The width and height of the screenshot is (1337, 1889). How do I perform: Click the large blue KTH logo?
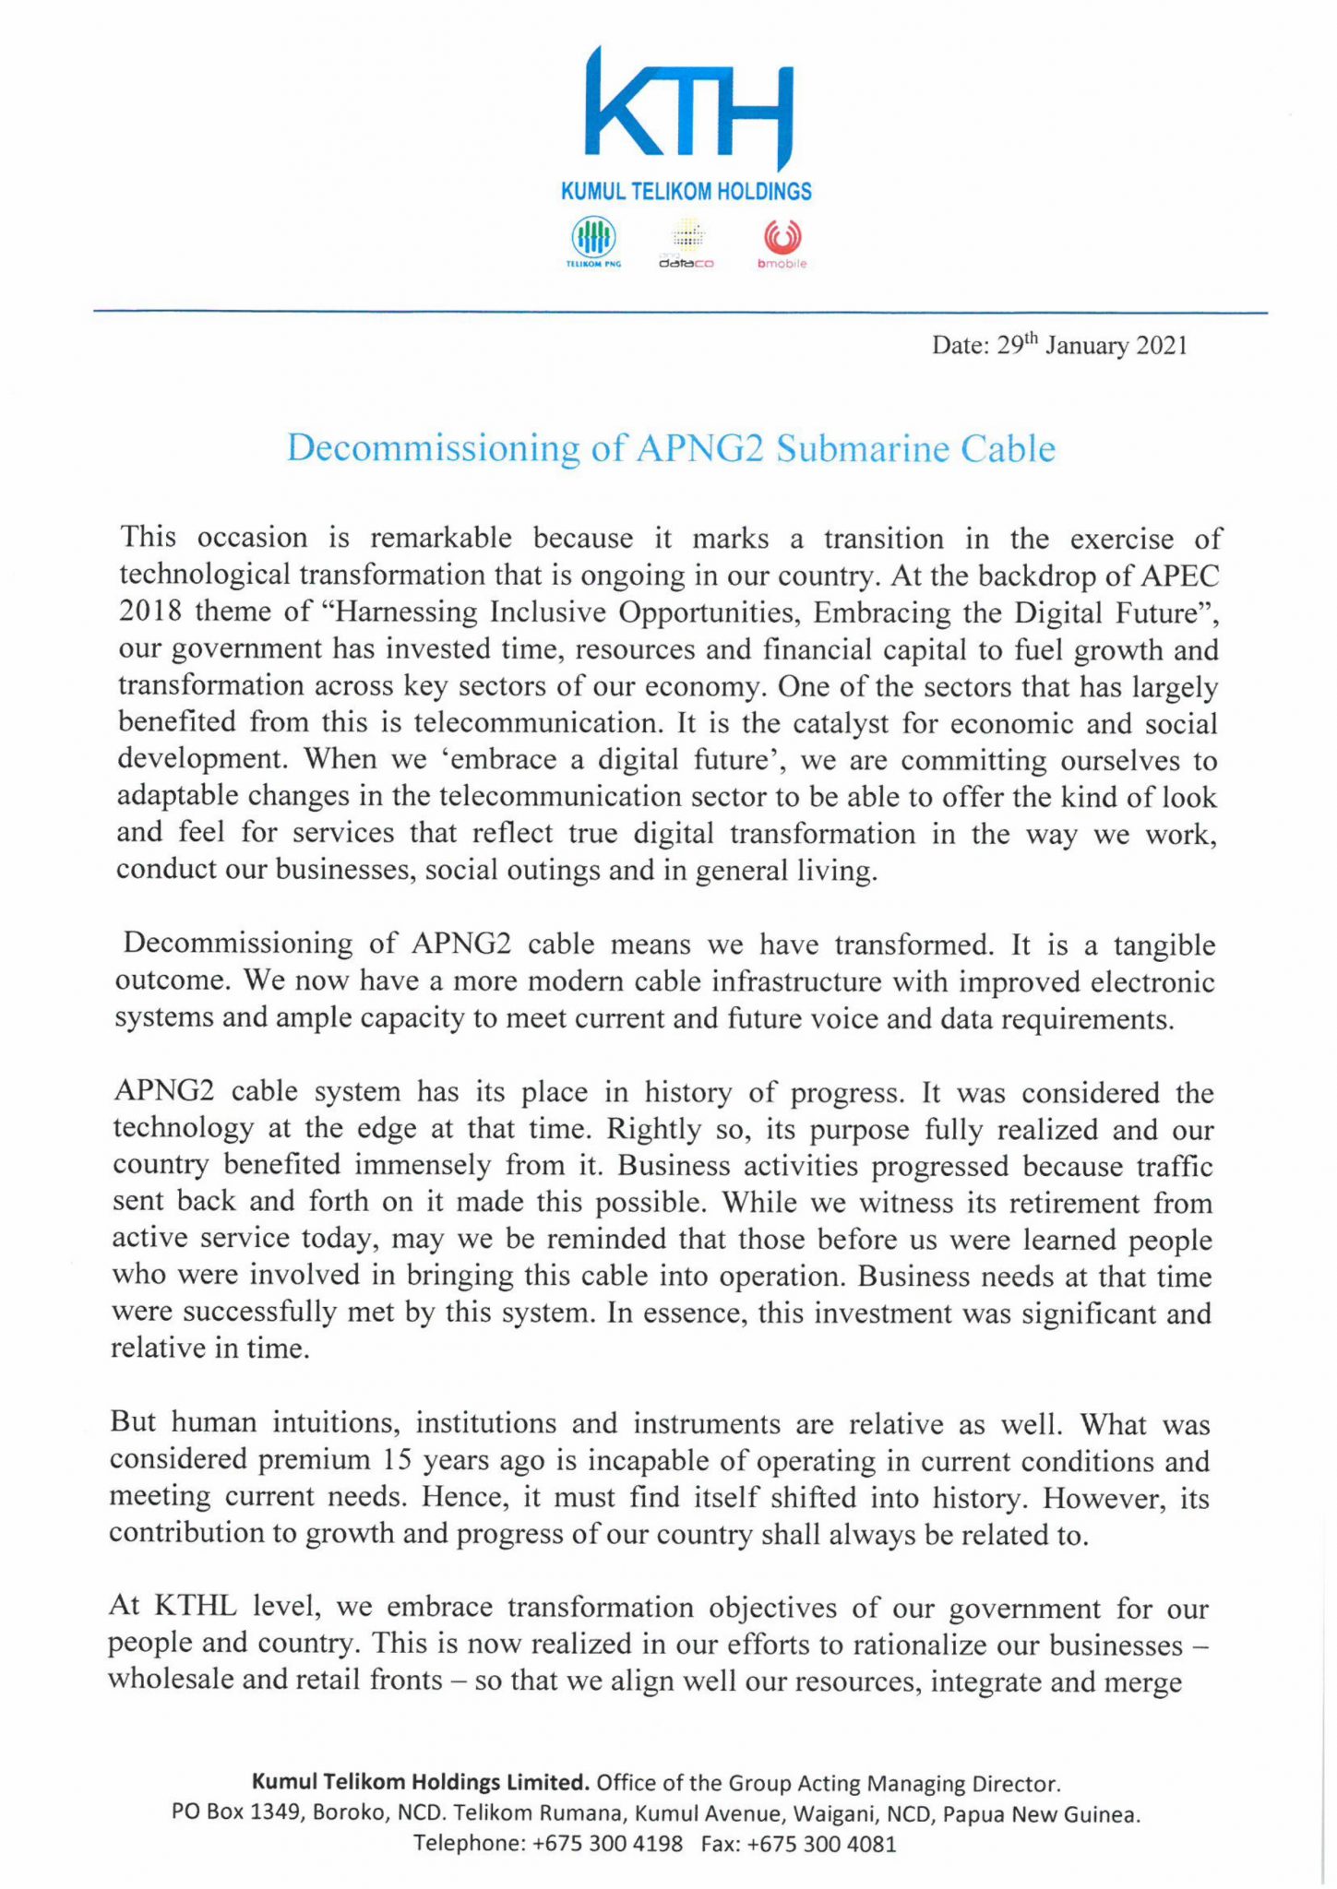[687, 109]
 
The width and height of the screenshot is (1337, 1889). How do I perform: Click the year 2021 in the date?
[1161, 346]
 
